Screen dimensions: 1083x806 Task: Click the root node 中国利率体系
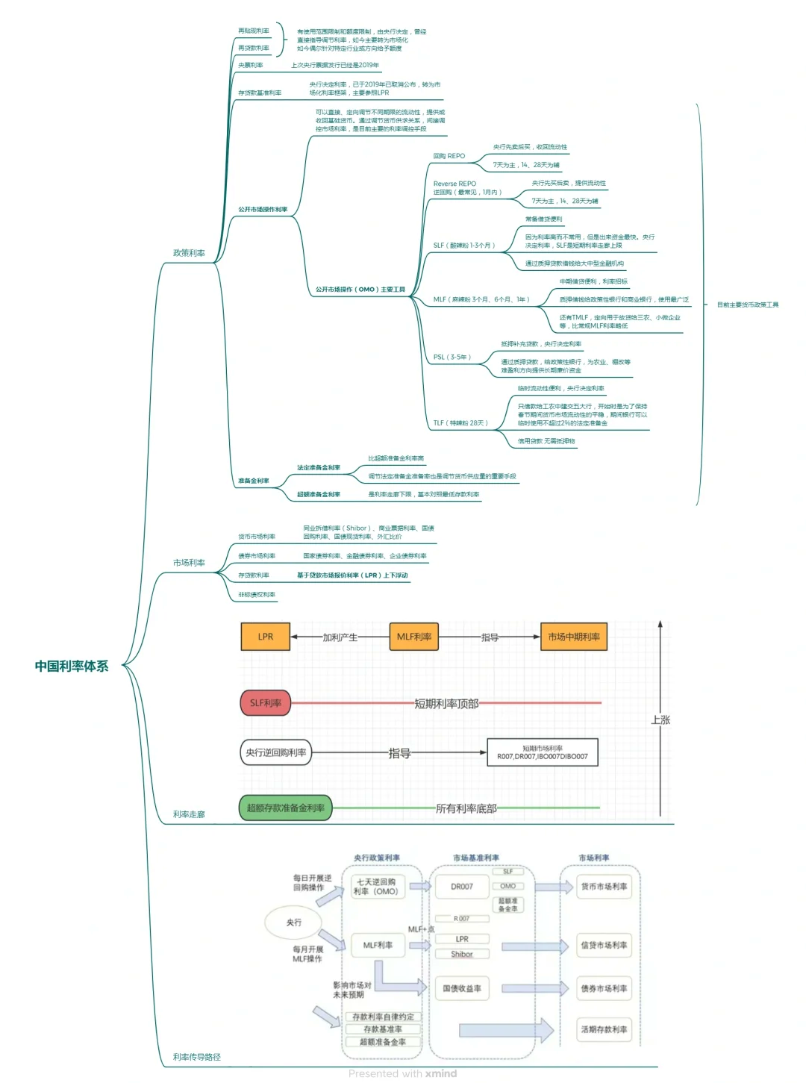click(72, 666)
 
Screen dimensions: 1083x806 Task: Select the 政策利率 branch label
click(189, 253)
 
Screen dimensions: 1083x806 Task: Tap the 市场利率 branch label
click(189, 563)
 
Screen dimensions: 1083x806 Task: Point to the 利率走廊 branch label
click(189, 814)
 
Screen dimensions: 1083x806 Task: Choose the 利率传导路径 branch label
click(197, 1057)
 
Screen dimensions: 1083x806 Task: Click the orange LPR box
click(266, 637)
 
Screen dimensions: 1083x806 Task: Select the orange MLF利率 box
click(414, 637)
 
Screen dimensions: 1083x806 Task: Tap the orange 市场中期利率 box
click(574, 637)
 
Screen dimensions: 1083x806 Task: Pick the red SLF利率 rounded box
click(266, 703)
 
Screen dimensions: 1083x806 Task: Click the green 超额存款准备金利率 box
click(286, 808)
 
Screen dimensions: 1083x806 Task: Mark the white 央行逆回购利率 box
click(276, 752)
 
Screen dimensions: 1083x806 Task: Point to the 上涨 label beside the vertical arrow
click(661, 720)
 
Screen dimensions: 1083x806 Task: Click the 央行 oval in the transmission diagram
click(294, 923)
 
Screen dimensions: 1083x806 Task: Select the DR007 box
click(462, 887)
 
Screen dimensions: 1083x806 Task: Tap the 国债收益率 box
click(462, 988)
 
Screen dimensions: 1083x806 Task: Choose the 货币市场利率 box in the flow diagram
click(604, 887)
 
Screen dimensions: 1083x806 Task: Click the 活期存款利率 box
click(604, 1029)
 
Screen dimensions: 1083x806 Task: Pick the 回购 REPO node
click(449, 156)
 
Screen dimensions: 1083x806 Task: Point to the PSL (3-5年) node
click(452, 357)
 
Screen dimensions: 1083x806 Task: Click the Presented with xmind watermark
click(402, 1073)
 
